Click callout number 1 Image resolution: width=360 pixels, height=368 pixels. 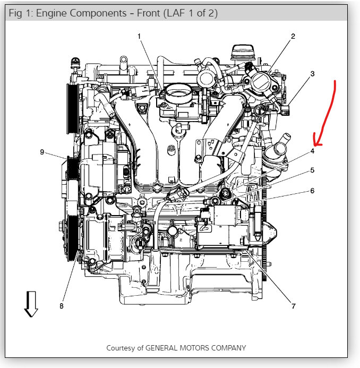click(x=139, y=36)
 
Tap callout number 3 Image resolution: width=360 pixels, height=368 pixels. click(x=313, y=73)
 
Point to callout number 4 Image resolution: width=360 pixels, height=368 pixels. click(x=313, y=151)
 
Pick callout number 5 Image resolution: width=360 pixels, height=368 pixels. click(x=313, y=170)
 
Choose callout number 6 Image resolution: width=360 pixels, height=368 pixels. click(x=313, y=190)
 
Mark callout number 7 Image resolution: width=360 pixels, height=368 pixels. click(x=293, y=306)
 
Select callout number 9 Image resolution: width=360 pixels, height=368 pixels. click(x=41, y=152)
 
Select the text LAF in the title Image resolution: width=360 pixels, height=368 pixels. click(x=175, y=12)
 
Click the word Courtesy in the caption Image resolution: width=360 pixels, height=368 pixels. click(x=122, y=348)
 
